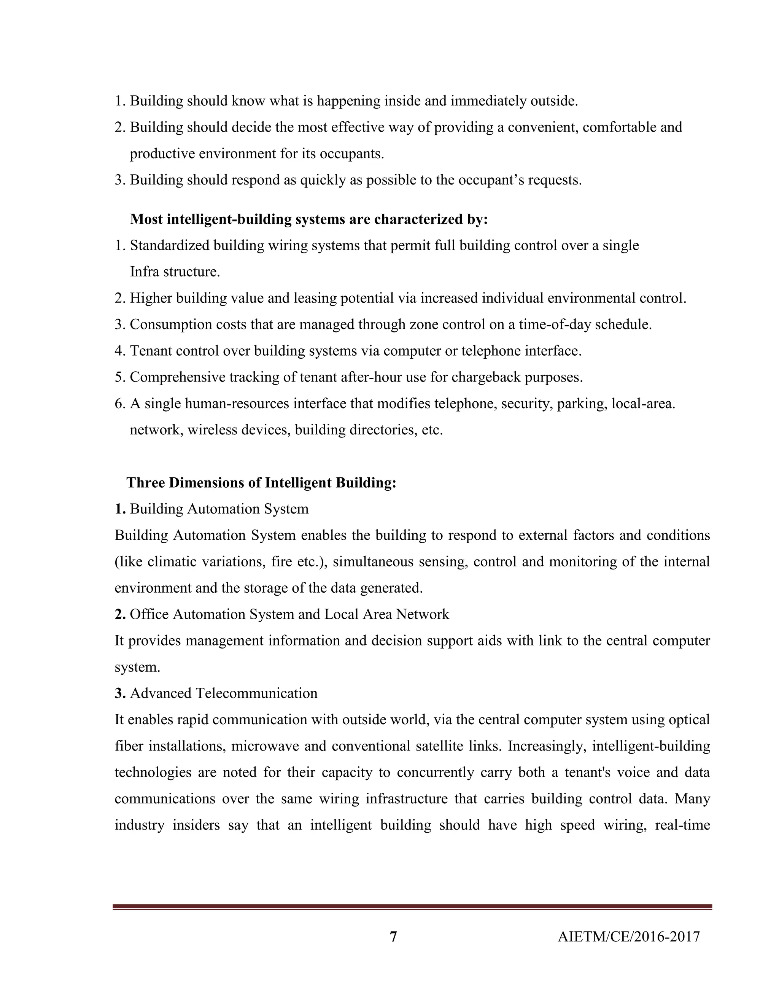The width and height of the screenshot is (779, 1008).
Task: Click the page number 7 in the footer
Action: [x=393, y=936]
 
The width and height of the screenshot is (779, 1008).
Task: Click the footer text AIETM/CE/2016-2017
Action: [x=628, y=936]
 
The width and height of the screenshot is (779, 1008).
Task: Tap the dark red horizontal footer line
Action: [x=412, y=907]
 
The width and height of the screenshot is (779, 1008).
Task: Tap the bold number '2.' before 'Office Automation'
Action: [x=120, y=614]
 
